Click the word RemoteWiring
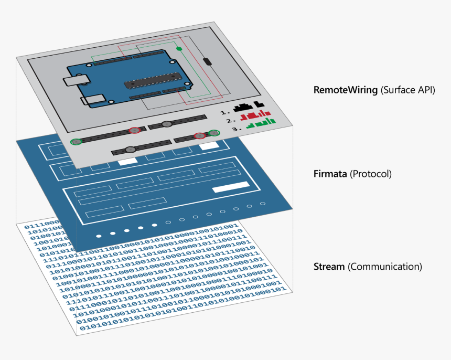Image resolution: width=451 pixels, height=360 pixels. (345, 90)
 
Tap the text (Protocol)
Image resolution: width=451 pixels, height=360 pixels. (370, 174)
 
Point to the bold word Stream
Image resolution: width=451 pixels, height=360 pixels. (329, 267)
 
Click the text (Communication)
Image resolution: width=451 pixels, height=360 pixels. (385, 267)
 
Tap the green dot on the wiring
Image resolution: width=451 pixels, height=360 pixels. (179, 49)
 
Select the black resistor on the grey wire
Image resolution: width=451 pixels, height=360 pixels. (208, 62)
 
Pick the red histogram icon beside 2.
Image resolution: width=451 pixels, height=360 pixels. (259, 115)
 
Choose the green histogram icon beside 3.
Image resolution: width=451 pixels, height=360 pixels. (261, 123)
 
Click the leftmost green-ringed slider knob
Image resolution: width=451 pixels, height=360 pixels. (77, 142)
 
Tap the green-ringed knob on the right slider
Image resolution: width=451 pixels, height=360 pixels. (213, 133)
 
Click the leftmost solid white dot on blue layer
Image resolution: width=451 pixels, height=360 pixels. (99, 236)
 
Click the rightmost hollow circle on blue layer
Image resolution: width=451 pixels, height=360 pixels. (263, 204)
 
